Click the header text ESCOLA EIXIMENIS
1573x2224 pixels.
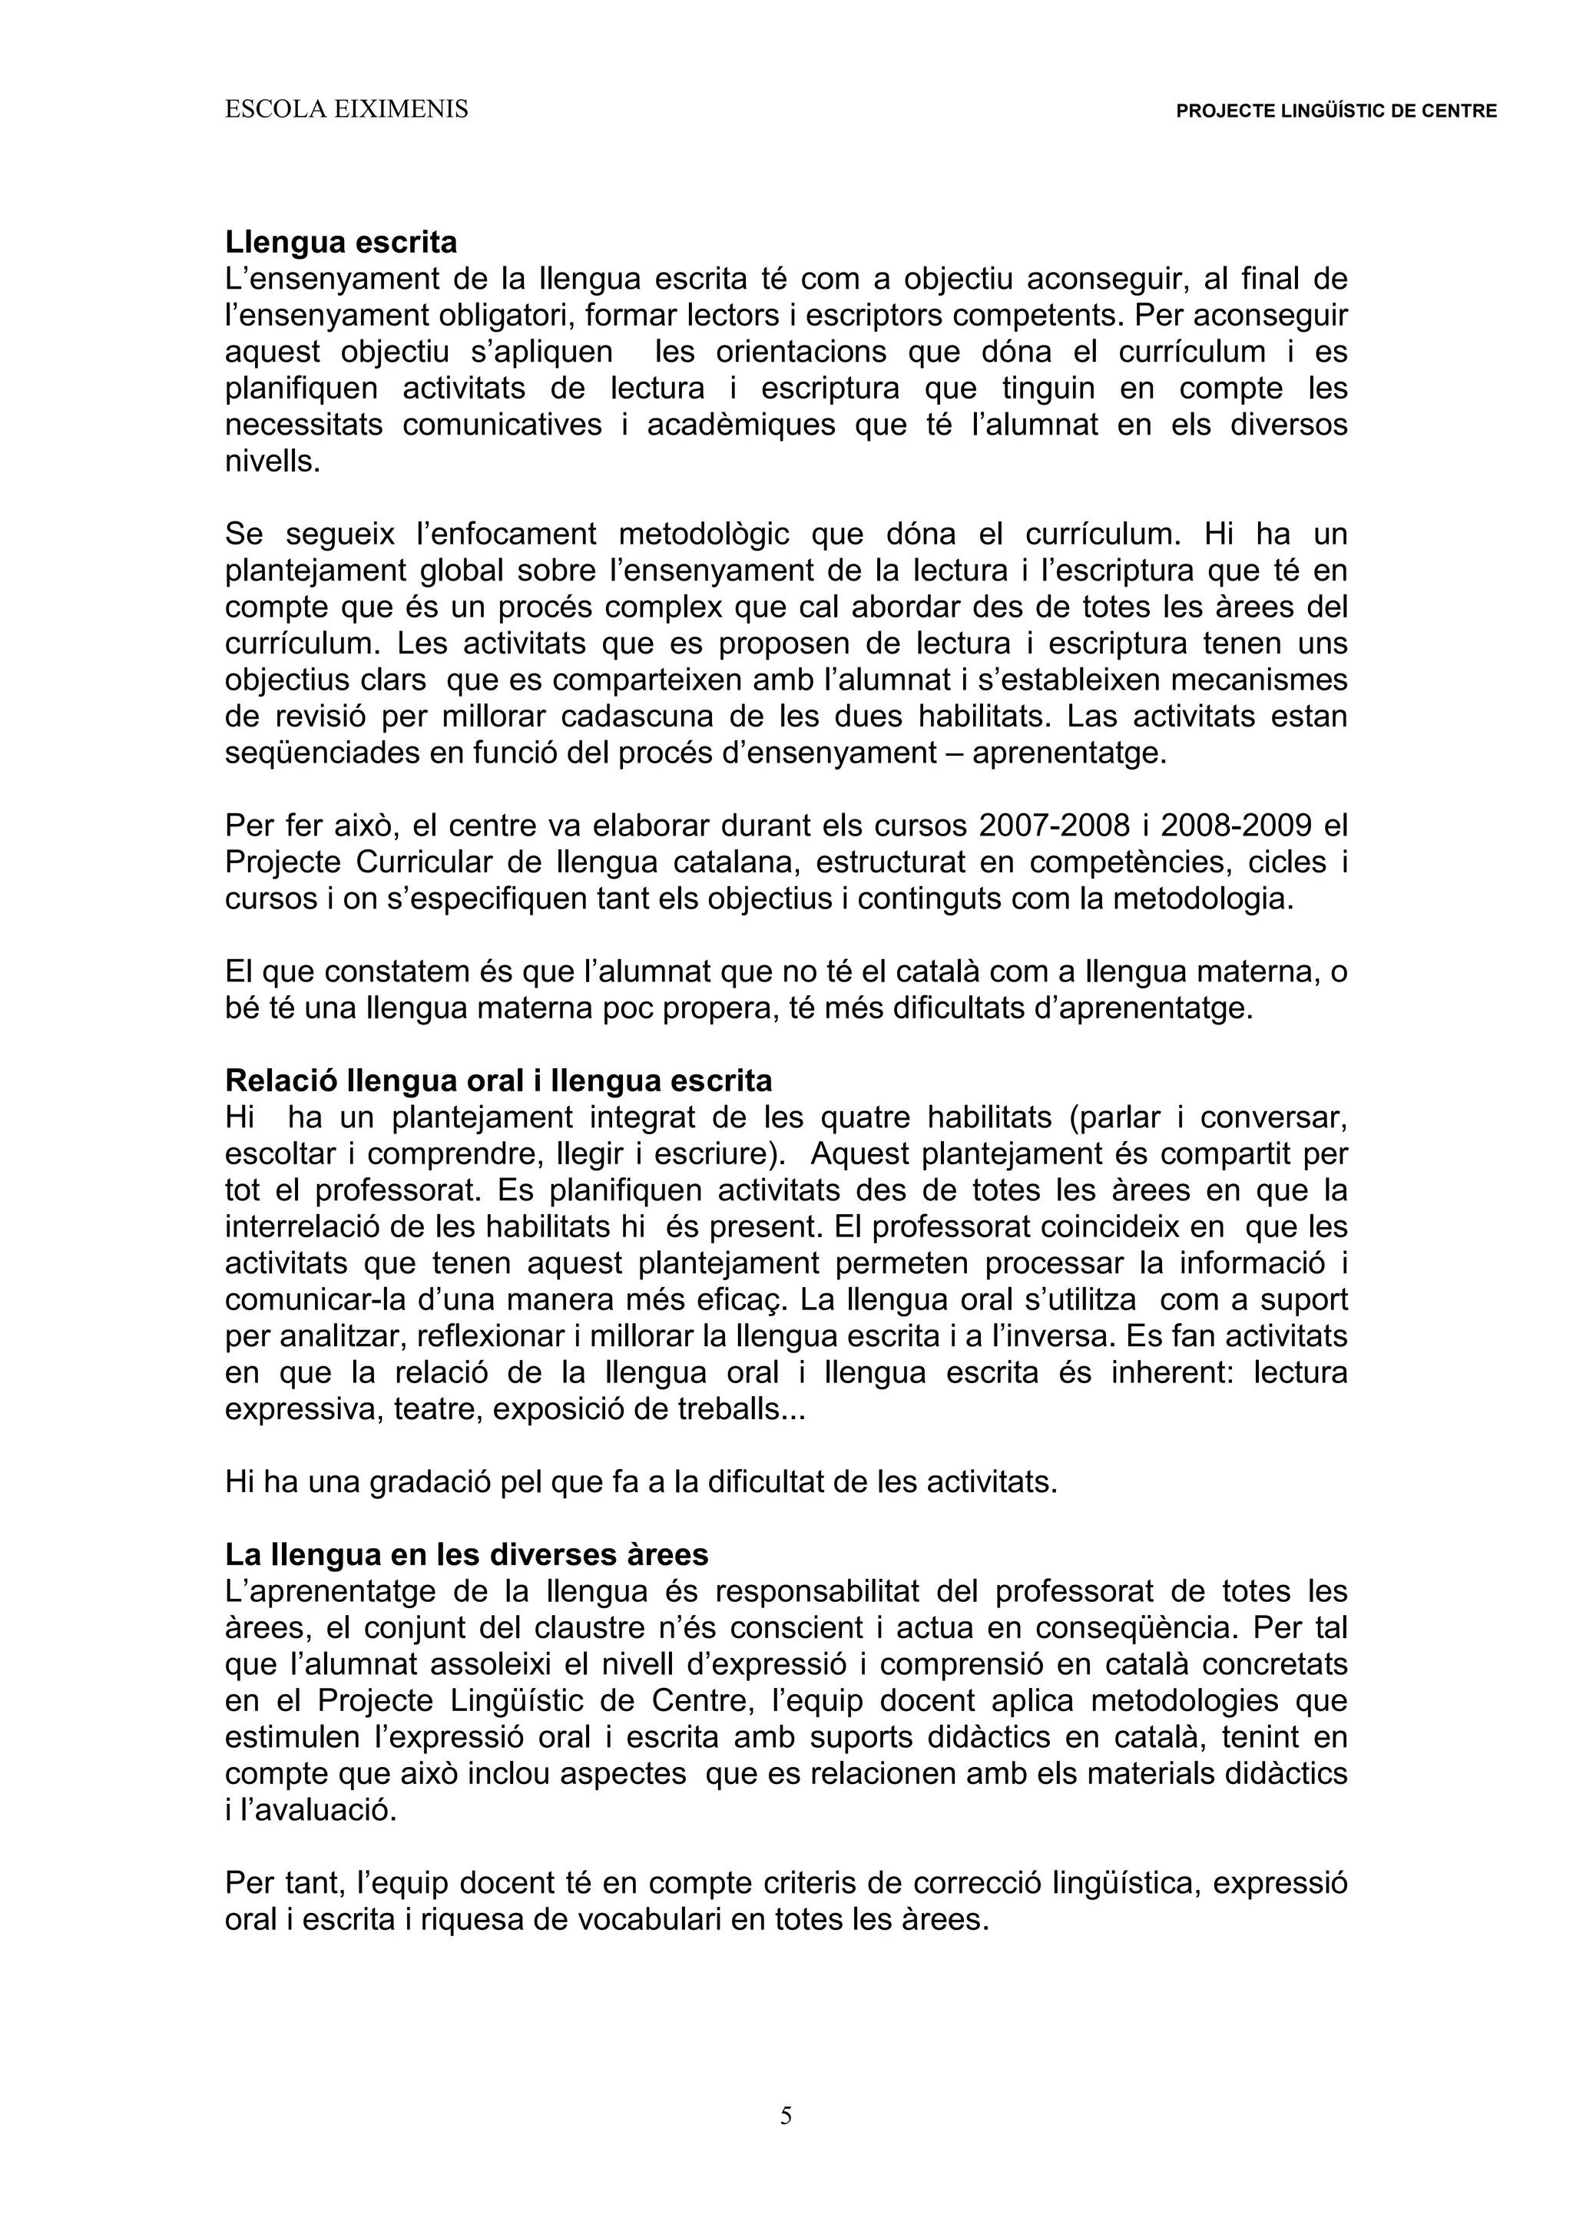pos(346,111)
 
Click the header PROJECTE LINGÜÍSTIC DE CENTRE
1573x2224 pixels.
pos(1336,111)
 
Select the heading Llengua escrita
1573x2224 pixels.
pos(341,241)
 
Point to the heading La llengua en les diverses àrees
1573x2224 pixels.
pos(466,1554)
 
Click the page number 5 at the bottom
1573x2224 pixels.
pos(786,2116)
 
